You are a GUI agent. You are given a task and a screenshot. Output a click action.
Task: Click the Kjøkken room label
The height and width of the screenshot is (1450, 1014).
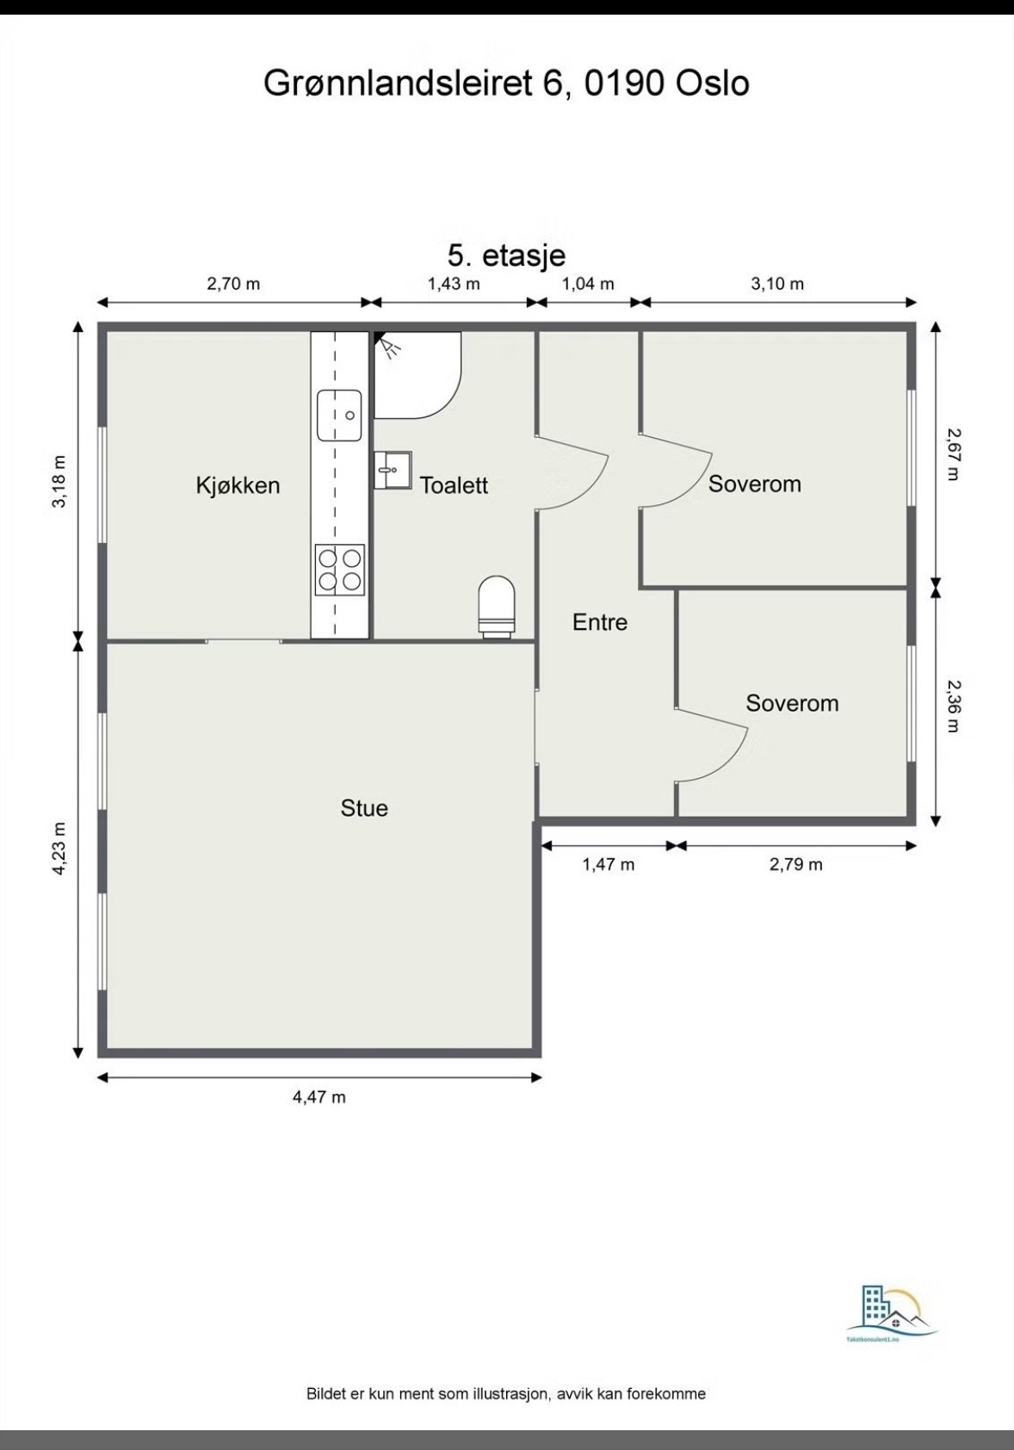pyautogui.click(x=238, y=485)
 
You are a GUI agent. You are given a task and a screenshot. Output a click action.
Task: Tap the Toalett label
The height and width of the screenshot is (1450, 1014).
pyautogui.click(x=454, y=485)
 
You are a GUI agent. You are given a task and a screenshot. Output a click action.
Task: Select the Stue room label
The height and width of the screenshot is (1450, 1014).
pyautogui.click(x=364, y=808)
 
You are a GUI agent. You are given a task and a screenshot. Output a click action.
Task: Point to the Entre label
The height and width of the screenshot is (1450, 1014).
pyautogui.click(x=600, y=622)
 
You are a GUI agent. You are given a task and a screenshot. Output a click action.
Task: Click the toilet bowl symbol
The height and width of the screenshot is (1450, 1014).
pyautogui.click(x=497, y=603)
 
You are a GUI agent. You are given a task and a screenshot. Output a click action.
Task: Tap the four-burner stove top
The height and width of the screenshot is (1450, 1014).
pyautogui.click(x=339, y=570)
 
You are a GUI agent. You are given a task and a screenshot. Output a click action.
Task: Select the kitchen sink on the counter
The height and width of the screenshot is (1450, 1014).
pyautogui.click(x=338, y=415)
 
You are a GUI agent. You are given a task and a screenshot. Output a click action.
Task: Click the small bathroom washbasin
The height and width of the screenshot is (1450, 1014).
pyautogui.click(x=393, y=470)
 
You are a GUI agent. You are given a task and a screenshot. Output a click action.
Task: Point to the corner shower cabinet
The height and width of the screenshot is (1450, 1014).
pyautogui.click(x=417, y=375)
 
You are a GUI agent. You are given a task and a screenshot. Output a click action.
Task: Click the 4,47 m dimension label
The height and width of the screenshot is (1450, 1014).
pyautogui.click(x=319, y=1096)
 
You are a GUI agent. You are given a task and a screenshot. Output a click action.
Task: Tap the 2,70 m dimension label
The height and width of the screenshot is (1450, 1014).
pyautogui.click(x=233, y=283)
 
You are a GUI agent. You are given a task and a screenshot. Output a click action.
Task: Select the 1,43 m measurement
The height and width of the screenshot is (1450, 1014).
pyautogui.click(x=454, y=283)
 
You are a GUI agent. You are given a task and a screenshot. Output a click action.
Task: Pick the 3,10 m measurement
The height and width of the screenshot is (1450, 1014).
pyautogui.click(x=777, y=283)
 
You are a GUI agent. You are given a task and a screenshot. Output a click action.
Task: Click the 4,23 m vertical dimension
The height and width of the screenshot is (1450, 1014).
pyautogui.click(x=59, y=848)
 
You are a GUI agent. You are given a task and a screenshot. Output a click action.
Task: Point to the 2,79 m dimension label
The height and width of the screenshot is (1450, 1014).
pyautogui.click(x=795, y=864)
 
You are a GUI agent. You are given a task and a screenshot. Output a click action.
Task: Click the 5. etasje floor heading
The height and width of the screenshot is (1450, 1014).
pyautogui.click(x=506, y=255)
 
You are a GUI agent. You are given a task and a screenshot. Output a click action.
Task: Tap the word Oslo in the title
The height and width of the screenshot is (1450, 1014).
pyautogui.click(x=712, y=83)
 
